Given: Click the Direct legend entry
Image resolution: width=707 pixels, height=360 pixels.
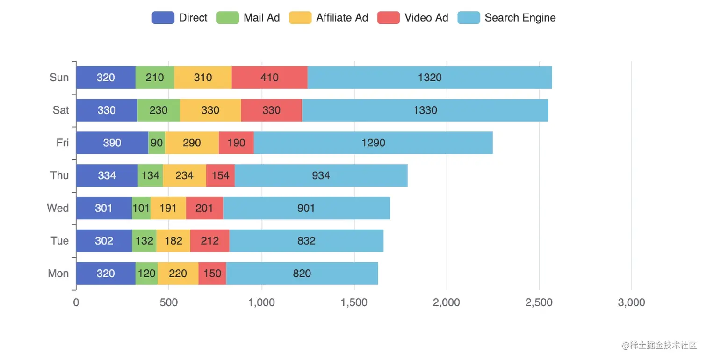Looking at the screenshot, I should (180, 18).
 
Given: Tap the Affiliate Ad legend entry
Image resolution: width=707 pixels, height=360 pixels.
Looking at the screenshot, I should (328, 18).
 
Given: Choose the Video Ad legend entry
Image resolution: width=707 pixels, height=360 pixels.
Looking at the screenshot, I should (412, 18).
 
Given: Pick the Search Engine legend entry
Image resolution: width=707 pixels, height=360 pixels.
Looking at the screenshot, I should (507, 18).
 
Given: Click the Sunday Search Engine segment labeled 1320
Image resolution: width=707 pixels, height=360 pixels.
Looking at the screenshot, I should (429, 78).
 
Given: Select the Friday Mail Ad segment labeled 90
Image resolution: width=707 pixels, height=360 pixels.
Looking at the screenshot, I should (157, 143).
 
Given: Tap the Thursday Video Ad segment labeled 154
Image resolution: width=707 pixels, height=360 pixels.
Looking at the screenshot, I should (220, 175).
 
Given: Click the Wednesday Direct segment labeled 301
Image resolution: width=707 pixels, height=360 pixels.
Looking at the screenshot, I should (104, 208).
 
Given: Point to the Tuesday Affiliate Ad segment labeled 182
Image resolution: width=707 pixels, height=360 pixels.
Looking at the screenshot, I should (173, 241).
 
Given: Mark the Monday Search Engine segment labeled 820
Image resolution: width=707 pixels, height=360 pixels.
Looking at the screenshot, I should (302, 274).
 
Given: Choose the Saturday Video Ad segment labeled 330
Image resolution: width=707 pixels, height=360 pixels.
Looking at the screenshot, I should (271, 110).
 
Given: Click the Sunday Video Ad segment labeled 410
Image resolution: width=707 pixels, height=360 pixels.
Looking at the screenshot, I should (269, 78).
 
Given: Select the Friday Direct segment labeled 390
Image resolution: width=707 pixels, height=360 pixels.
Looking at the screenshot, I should (112, 143).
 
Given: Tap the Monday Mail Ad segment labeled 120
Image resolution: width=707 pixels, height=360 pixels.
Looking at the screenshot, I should (146, 274).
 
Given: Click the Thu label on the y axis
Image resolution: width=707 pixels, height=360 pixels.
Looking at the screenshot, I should (59, 175).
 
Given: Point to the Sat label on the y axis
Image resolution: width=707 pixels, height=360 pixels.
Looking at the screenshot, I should (61, 110).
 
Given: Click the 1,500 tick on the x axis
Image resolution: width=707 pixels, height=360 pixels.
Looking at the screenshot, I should (354, 302).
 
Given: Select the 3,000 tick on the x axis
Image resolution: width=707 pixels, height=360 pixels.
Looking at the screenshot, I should (631, 302).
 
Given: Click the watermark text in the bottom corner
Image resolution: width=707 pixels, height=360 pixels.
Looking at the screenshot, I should (659, 346).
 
